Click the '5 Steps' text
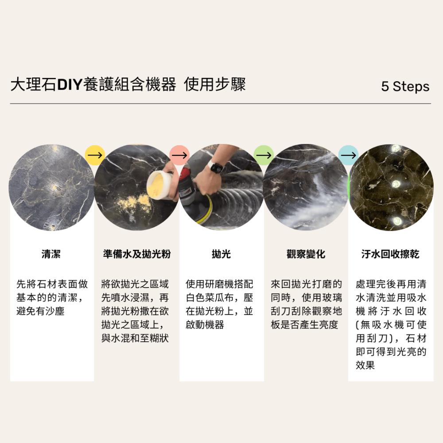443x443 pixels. click(x=405, y=86)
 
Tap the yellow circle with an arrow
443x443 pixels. click(x=94, y=155)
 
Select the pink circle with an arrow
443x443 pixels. click(x=179, y=155)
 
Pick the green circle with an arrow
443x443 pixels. click(x=264, y=155)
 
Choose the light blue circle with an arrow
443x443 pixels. click(x=349, y=155)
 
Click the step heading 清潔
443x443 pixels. click(x=51, y=254)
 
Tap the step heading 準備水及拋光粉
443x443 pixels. click(x=136, y=254)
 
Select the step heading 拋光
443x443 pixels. click(x=221, y=254)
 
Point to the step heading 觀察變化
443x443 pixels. click(x=306, y=254)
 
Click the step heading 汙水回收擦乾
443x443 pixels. click(x=390, y=254)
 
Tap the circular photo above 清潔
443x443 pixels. click(x=51, y=187)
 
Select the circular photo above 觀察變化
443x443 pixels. click(x=306, y=187)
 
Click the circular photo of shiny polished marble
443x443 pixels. click(x=391, y=187)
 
